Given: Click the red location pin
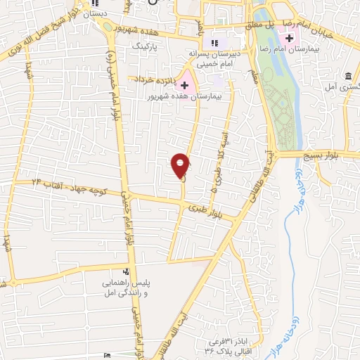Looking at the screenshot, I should (x=181, y=165).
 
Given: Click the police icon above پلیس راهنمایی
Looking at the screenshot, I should (x=126, y=271).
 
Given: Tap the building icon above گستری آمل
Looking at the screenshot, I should (x=347, y=76).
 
